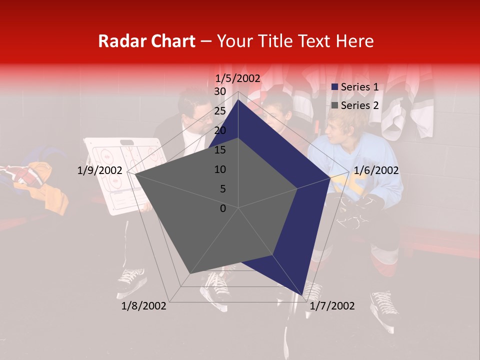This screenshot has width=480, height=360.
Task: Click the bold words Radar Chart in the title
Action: pos(146,41)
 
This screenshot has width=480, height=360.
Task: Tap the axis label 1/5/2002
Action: pos(238,78)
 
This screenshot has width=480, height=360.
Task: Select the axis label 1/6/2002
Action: pos(376,170)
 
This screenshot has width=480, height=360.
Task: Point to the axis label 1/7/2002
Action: pos(332,306)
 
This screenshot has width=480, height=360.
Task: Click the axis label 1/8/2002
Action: pos(144,306)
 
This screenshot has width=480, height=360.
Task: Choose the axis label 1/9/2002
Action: pos(99,170)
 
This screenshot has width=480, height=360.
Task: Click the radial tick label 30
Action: pos(220,91)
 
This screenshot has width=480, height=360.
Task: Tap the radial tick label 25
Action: pos(220,111)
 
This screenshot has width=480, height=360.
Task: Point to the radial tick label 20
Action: pos(220,130)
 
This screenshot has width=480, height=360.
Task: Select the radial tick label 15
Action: pos(220,150)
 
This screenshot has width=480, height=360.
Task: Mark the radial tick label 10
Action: pos(220,169)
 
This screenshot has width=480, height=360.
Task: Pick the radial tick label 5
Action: pos(222,189)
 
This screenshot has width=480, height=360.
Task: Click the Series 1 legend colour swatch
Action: pos(335,87)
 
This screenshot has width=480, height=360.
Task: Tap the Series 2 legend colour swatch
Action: pos(335,105)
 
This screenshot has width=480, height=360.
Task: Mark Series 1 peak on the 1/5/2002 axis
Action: pos(238,100)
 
